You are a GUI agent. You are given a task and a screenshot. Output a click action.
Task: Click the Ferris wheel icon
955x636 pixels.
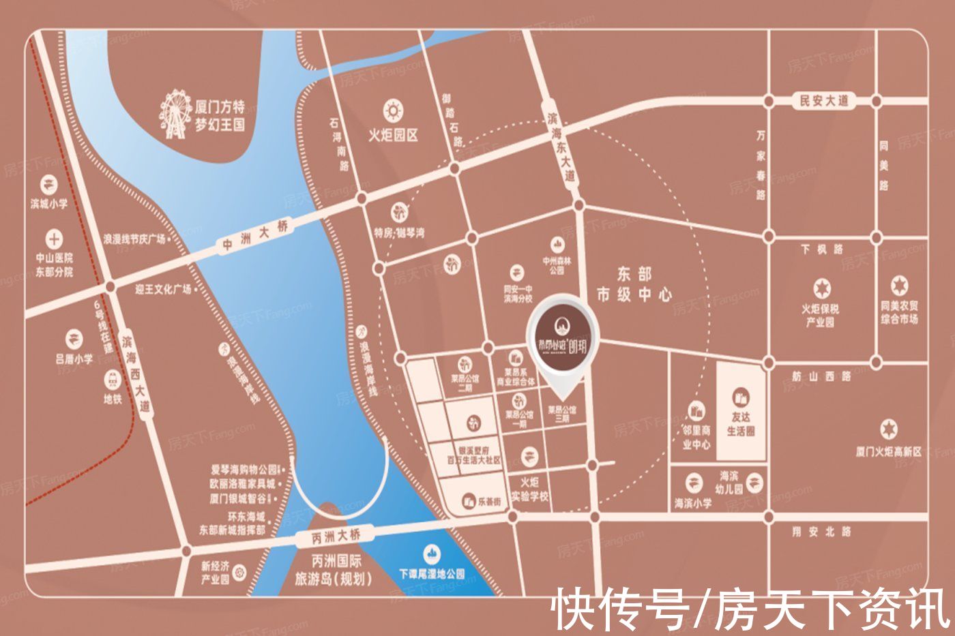coord(175,114)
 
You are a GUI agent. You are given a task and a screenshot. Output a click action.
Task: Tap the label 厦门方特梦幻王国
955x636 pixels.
coord(220,116)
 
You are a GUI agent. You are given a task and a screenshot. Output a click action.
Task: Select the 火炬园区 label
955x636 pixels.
coord(393,135)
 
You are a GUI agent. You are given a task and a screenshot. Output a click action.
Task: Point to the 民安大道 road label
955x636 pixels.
coord(825,101)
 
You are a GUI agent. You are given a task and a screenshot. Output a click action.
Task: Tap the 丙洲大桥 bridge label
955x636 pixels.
coord(336,536)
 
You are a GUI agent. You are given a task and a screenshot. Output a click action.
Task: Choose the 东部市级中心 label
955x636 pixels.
coord(634,284)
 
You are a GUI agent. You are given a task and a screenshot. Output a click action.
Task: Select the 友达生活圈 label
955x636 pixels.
coord(741,424)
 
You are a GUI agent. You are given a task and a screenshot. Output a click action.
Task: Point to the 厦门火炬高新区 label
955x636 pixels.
coord(888,451)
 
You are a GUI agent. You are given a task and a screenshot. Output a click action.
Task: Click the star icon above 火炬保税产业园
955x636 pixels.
coord(821,288)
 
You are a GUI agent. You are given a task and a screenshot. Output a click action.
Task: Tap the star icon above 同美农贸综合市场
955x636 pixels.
coord(900,285)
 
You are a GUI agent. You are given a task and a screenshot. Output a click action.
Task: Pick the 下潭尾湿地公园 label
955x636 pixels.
coord(432,574)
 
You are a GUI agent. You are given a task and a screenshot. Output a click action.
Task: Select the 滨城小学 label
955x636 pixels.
coord(49,203)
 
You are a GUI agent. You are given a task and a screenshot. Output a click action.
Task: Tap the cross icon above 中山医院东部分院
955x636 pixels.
coord(54,239)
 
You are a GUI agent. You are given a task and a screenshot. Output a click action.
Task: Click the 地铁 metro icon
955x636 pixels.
coord(112,380)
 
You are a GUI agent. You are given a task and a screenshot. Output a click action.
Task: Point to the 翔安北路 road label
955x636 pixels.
coord(821,532)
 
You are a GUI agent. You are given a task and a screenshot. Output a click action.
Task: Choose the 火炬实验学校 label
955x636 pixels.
coord(529,489)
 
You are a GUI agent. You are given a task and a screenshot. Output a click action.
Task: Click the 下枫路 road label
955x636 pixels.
coord(822,249)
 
